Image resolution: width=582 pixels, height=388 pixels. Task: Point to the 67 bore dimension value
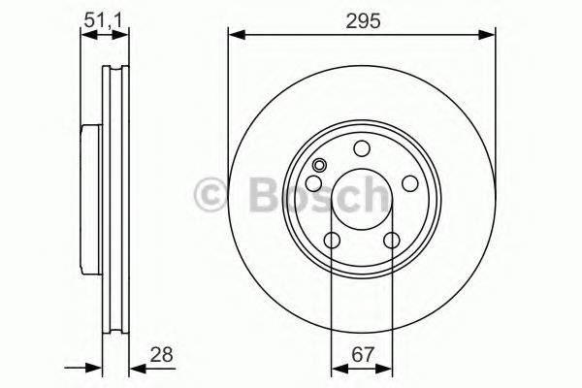point(362,355)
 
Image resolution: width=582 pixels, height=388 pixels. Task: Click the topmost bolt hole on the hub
point(362,148)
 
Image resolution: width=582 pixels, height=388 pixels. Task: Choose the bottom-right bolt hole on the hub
point(391,241)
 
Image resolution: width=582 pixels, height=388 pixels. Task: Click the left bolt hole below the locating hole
point(315,184)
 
